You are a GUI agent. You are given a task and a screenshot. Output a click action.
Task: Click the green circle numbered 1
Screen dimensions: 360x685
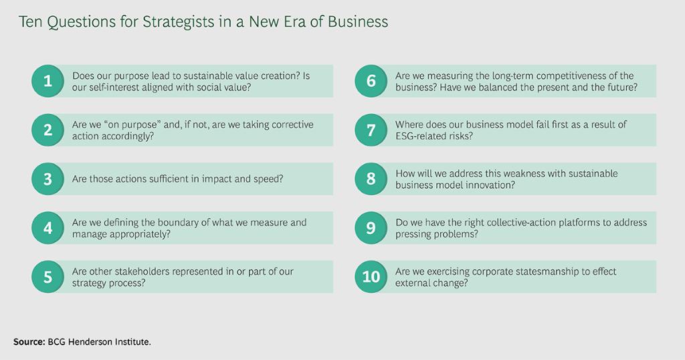click(x=47, y=82)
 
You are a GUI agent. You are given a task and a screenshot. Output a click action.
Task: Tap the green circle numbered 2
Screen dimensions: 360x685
click(x=47, y=130)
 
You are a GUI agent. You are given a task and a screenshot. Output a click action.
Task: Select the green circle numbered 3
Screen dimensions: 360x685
click(x=47, y=179)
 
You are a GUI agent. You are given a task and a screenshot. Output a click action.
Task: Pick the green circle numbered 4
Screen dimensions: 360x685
click(x=47, y=228)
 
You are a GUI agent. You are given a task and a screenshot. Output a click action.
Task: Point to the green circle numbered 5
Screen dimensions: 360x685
click(x=47, y=276)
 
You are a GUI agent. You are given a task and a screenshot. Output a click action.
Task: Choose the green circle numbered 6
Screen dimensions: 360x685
click(x=371, y=82)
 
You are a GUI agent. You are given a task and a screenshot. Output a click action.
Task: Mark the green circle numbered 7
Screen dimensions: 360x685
click(x=371, y=130)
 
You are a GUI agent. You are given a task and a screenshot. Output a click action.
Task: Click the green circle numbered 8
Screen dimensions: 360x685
click(x=371, y=179)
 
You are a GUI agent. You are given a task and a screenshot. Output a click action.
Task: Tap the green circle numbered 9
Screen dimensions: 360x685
click(x=371, y=228)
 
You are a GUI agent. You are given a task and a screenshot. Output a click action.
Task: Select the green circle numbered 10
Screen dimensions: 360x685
click(x=371, y=276)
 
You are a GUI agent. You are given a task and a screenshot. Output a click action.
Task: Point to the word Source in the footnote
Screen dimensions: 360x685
click(x=28, y=342)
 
